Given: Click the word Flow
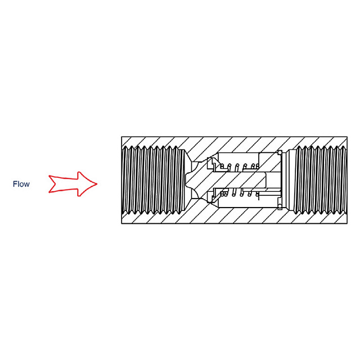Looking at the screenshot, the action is point(21,184).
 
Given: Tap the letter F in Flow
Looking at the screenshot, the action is point(15,184).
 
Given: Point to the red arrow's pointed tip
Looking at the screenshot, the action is point(97,184).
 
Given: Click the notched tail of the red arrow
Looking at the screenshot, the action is point(54,184).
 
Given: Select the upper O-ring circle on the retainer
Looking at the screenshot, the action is point(280,152).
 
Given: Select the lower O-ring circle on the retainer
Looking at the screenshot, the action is point(280,206).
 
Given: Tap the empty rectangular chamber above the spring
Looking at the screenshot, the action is point(238,159).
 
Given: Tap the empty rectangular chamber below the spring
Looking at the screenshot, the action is point(238,202).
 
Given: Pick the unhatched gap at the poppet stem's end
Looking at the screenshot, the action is point(273,180).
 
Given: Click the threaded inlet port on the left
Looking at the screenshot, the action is point(154,180).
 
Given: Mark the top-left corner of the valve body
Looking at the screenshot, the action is point(121,137).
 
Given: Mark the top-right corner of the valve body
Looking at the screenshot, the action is point(347,137).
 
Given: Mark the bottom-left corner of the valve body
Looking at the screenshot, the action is point(121,224).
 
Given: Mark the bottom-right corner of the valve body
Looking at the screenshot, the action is point(347,224).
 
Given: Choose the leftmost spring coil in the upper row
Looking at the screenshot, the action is point(222,166).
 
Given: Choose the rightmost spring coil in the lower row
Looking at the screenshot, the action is point(258,195).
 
